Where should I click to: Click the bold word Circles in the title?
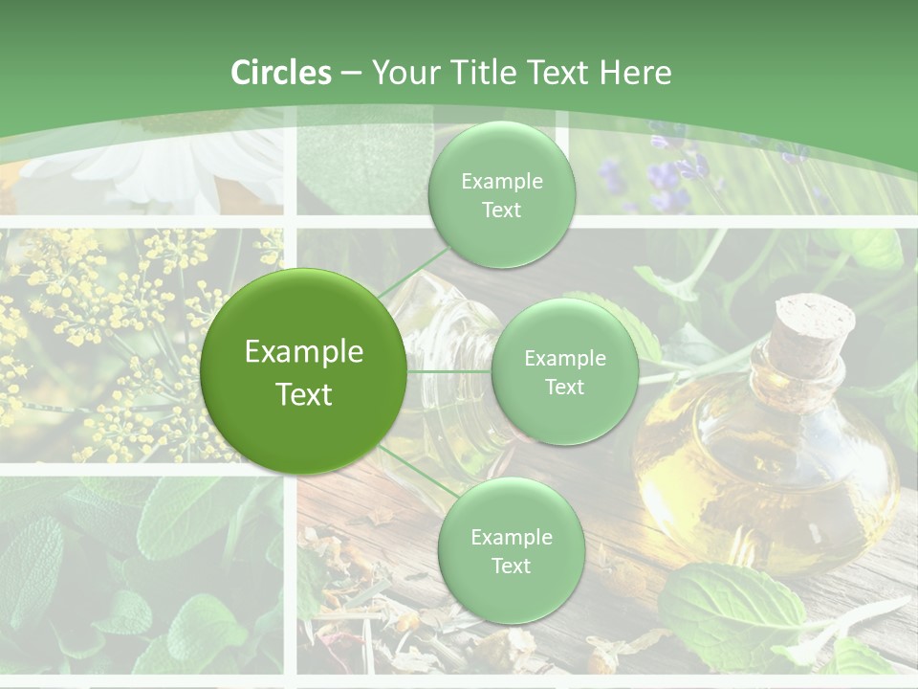pyautogui.click(x=280, y=73)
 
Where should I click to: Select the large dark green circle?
pyautogui.click(x=303, y=371)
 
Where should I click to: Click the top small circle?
pyautogui.click(x=501, y=194)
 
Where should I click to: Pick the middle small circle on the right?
pyautogui.click(x=564, y=371)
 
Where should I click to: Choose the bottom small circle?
pyautogui.click(x=511, y=550)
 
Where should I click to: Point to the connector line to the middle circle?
pyautogui.click(x=448, y=371)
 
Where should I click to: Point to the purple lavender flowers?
pyautogui.click(x=669, y=177)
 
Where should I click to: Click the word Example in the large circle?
pyautogui.click(x=303, y=351)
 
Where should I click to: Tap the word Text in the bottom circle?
pyautogui.click(x=511, y=566)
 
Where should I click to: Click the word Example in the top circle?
pyautogui.click(x=501, y=181)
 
